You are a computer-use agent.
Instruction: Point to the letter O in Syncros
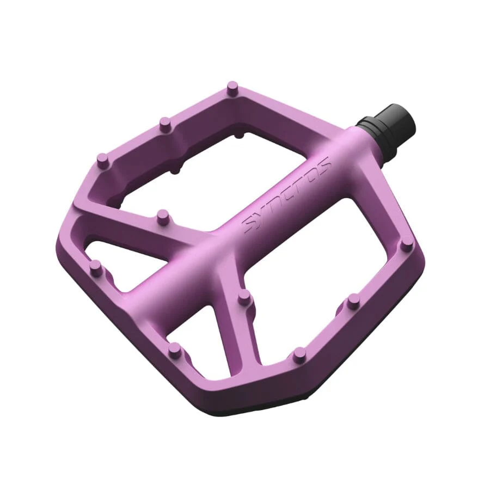tap(312, 174)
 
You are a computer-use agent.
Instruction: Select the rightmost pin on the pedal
tap(407, 243)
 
